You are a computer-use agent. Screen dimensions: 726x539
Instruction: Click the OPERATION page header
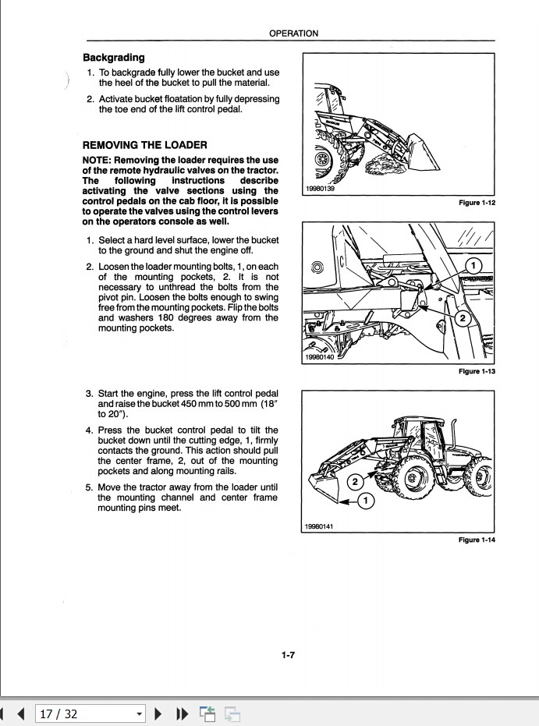[x=293, y=34]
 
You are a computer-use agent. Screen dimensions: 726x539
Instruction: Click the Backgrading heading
[x=114, y=58]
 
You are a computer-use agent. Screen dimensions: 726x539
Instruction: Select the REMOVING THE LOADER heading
[x=144, y=145]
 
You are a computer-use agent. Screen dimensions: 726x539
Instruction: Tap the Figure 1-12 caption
[x=477, y=203]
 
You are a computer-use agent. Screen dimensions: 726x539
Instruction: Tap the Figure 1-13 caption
[x=477, y=371]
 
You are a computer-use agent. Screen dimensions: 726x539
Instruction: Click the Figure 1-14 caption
[x=477, y=540]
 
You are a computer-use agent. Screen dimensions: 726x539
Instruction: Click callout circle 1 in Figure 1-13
[x=472, y=267]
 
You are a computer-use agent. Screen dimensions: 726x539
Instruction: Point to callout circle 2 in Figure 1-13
[x=461, y=318]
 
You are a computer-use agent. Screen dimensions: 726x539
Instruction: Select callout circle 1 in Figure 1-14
[x=365, y=500]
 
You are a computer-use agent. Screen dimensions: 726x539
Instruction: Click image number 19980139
[x=320, y=189]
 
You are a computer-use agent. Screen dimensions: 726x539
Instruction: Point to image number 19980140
[x=320, y=358]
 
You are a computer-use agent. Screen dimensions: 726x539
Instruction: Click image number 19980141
[x=320, y=526]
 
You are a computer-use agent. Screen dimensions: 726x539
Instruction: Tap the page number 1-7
[x=288, y=656]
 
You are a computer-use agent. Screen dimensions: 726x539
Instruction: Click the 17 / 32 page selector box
[x=90, y=713]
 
